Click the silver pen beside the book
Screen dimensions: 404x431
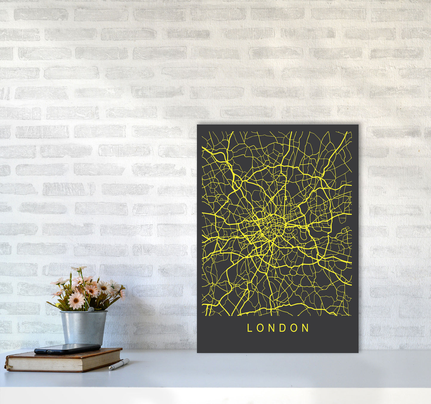[119, 364]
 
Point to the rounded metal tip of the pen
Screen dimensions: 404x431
[110, 369]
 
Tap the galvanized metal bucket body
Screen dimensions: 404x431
[83, 327]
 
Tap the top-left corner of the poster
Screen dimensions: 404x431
[198, 125]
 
